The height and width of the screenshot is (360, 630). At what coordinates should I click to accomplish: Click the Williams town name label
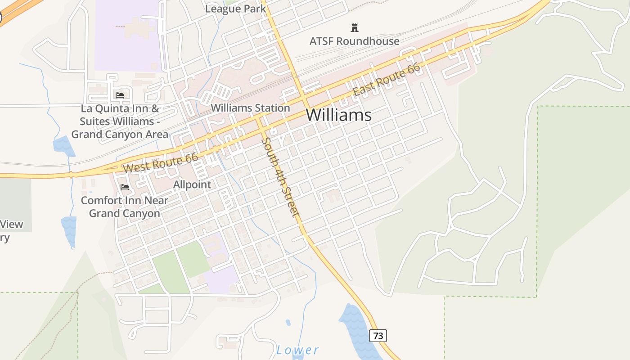pyautogui.click(x=338, y=115)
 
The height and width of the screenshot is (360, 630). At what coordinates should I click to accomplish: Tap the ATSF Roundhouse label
pyautogui.click(x=354, y=41)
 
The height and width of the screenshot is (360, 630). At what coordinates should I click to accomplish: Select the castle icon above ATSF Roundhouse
pyautogui.click(x=355, y=28)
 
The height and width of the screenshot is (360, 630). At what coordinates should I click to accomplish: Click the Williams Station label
pyautogui.click(x=250, y=108)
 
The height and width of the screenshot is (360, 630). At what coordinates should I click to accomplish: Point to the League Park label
pyautogui.click(x=235, y=9)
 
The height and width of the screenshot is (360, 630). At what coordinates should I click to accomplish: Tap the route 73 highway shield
pyautogui.click(x=378, y=335)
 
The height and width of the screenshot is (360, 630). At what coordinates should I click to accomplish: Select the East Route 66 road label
pyautogui.click(x=386, y=80)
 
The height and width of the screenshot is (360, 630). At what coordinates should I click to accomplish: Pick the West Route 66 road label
pyautogui.click(x=161, y=163)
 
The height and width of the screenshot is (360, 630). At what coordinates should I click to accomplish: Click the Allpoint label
pyautogui.click(x=192, y=184)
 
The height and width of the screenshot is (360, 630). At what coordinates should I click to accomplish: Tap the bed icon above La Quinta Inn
pyautogui.click(x=120, y=95)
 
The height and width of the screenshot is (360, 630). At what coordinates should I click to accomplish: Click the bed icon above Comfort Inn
pyautogui.click(x=125, y=187)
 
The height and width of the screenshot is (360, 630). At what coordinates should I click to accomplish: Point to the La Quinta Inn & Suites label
pyautogui.click(x=120, y=121)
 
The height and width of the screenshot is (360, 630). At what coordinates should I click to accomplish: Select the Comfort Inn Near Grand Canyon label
pyautogui.click(x=124, y=207)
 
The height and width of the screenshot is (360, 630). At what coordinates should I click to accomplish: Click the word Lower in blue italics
pyautogui.click(x=297, y=350)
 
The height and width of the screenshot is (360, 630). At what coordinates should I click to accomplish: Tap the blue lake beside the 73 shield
pyautogui.click(x=355, y=328)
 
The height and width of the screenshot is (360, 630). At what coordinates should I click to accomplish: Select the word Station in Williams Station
pyautogui.click(x=270, y=108)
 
